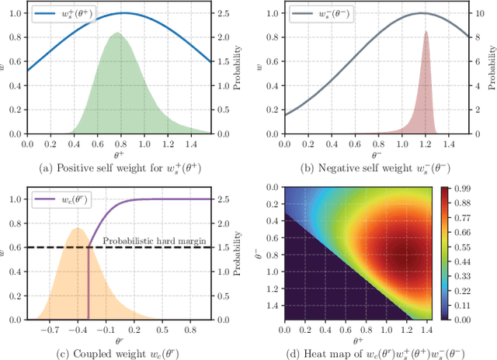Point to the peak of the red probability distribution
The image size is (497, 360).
coord(426,31)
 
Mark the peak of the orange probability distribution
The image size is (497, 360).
coord(76,228)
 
